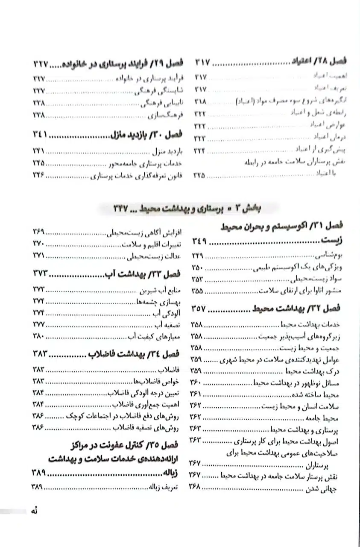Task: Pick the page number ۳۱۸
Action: point(199,102)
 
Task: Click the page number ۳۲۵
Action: point(199,175)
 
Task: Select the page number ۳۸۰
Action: point(39,335)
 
